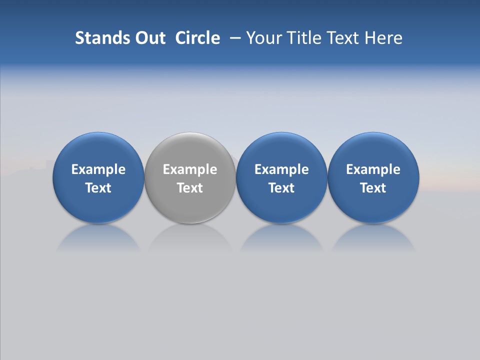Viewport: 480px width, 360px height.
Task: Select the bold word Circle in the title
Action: pos(197,38)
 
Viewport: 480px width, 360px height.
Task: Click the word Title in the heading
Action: pos(304,38)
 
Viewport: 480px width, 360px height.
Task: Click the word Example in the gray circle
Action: pos(190,169)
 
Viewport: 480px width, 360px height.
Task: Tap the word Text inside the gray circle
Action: pos(190,188)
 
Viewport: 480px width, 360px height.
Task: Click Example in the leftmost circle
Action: pos(98,169)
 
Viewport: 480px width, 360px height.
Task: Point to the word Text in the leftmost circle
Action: pos(98,188)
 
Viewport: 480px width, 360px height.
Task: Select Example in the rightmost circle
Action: pos(373,169)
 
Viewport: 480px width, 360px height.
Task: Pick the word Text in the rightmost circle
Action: pos(373,188)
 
